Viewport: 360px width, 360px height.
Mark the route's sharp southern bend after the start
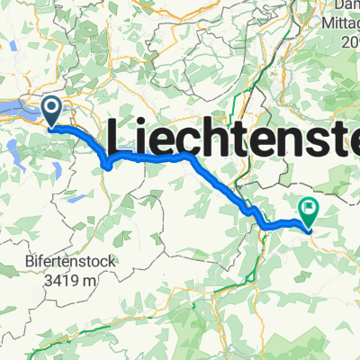(x=107, y=166)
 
